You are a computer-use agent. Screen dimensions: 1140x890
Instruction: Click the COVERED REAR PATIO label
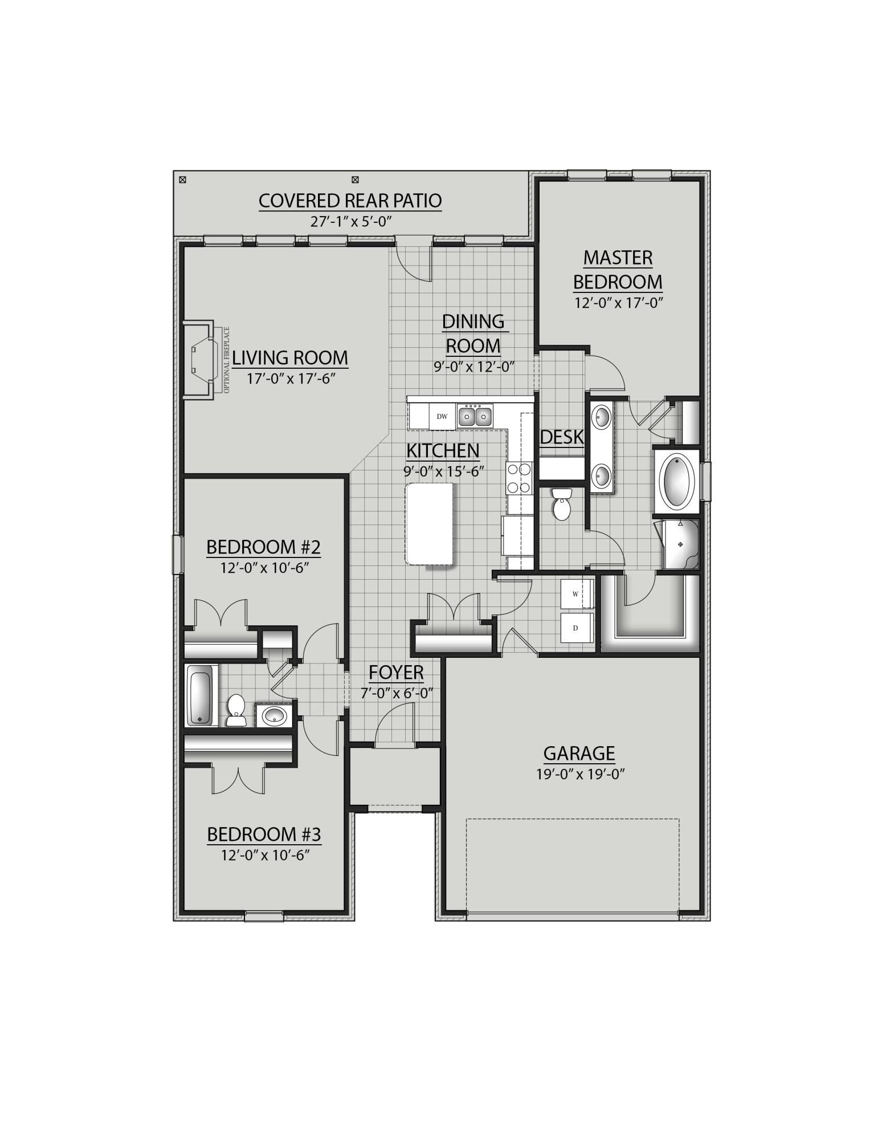[350, 201]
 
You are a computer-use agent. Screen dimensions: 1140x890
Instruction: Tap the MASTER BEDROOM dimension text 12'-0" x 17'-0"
[618, 303]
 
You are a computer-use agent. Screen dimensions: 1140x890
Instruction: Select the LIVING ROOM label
[289, 358]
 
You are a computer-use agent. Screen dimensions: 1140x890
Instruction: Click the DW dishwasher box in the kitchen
[442, 417]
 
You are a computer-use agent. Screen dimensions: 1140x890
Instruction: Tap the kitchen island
[430, 523]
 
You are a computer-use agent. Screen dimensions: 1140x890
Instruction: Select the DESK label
[562, 437]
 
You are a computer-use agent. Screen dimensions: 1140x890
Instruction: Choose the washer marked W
[576, 594]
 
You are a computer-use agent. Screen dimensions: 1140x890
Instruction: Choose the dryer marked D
[576, 628]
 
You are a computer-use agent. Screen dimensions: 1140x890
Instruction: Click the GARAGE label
[579, 754]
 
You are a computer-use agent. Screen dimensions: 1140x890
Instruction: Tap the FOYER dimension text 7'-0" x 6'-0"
[397, 694]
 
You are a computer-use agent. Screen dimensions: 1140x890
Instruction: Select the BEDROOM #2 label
[263, 547]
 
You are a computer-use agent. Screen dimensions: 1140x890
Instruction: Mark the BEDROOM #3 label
[264, 834]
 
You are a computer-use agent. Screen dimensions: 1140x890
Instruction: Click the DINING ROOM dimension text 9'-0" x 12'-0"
[474, 367]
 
